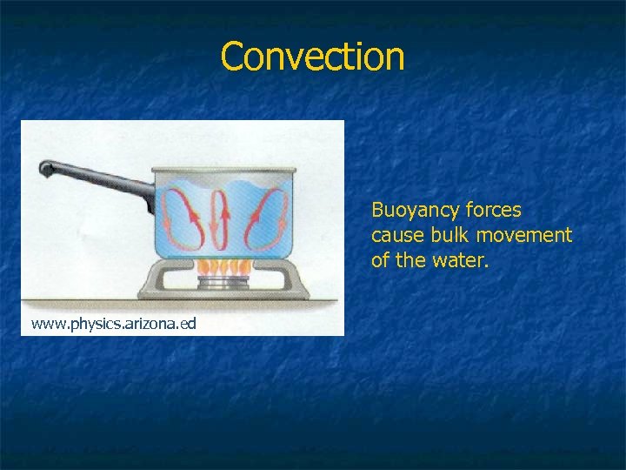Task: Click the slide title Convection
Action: pos(312,57)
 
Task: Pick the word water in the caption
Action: pos(465,260)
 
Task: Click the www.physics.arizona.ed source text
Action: pos(114,324)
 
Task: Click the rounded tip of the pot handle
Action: pos(45,167)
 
